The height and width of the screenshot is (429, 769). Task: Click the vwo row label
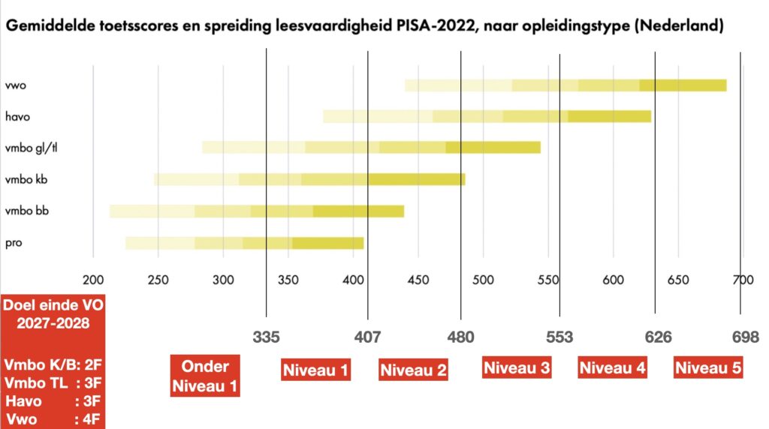click(x=15, y=85)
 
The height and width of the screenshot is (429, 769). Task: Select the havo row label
click(x=17, y=116)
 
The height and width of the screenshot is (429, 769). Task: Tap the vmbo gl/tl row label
click(x=28, y=148)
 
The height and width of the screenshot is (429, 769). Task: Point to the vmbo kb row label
click(x=23, y=179)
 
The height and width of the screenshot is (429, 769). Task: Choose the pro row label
click(x=13, y=243)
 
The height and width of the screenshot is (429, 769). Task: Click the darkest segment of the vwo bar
click(x=683, y=85)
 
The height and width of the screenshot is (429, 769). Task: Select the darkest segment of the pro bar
click(x=327, y=243)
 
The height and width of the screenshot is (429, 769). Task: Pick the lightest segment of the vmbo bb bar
click(x=152, y=211)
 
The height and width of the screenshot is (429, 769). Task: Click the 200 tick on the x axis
click(x=92, y=280)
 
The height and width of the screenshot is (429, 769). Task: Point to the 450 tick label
click(x=418, y=280)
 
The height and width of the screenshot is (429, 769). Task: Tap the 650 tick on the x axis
click(x=678, y=280)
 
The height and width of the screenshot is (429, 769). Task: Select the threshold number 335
click(x=267, y=337)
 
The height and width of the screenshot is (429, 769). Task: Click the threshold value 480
click(x=460, y=337)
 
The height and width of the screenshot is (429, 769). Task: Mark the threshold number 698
click(x=746, y=337)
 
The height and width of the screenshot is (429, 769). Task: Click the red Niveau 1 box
click(x=315, y=369)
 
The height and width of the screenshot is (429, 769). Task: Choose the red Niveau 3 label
click(x=517, y=367)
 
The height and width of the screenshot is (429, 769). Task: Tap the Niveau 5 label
click(x=709, y=367)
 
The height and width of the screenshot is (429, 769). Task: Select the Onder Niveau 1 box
click(x=205, y=376)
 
